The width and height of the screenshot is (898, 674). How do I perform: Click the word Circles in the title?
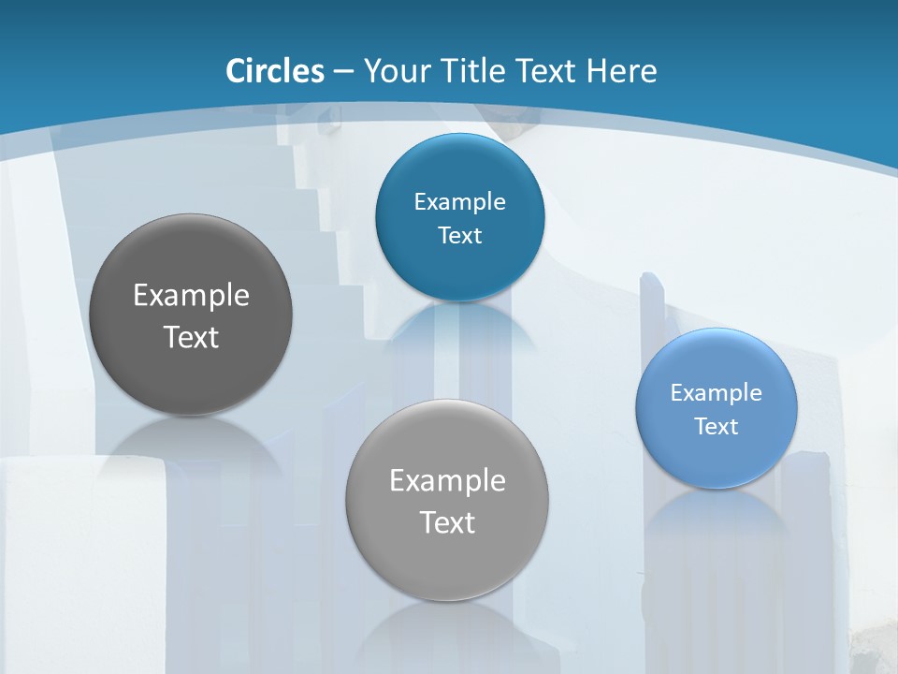275,71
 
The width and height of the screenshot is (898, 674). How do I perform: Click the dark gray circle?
191,315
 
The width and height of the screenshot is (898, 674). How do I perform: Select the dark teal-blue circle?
459,217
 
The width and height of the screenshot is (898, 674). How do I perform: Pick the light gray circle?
447,500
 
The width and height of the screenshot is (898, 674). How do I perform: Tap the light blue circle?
717,408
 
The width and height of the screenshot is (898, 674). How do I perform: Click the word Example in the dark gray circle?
191,295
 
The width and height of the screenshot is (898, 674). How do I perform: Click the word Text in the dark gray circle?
191,337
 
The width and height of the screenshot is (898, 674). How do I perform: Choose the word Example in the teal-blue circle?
459,201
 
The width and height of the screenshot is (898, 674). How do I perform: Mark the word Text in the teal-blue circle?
459,235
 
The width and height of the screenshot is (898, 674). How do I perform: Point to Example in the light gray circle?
447,480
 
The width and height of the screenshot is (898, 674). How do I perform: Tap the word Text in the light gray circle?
447,522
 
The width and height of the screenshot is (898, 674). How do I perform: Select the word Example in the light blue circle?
717,392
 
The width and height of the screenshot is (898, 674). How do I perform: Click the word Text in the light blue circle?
717,427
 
